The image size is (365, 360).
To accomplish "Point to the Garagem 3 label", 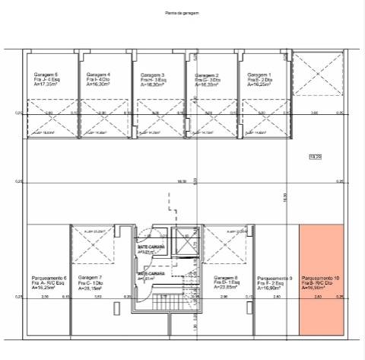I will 153,75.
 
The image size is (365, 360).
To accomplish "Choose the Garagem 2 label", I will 207,75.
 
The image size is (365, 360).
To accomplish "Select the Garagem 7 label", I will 90,278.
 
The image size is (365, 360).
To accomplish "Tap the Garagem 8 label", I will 226,278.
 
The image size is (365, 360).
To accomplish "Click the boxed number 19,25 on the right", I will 315,157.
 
